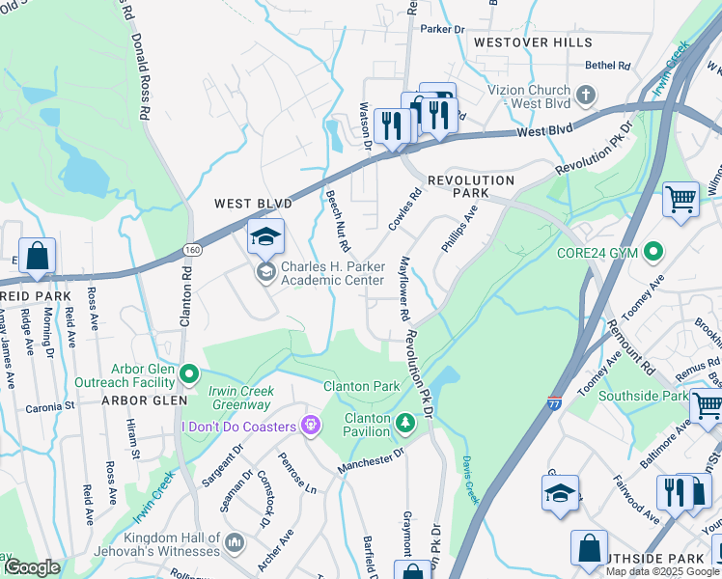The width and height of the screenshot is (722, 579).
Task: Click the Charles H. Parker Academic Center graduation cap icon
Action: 266,235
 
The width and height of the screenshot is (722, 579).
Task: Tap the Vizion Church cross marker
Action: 585,94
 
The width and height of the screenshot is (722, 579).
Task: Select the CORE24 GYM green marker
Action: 653,253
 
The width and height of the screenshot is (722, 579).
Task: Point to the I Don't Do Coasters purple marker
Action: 310,425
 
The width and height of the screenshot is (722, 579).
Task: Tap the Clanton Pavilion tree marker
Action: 405,420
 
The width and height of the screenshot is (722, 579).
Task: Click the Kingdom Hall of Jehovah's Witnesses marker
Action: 234,543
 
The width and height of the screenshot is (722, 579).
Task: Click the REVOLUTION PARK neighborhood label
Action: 471,187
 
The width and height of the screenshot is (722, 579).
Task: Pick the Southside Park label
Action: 643,396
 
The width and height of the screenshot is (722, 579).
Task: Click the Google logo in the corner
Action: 31,568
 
